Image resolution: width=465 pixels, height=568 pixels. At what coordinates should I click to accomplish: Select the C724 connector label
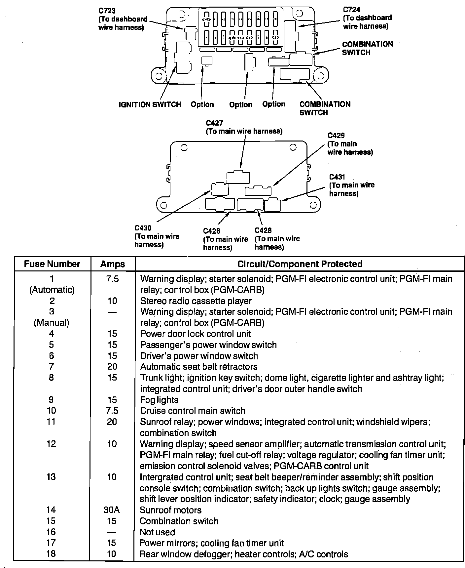[x=351, y=10]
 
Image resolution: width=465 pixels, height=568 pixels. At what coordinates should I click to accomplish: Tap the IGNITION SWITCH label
[x=150, y=105]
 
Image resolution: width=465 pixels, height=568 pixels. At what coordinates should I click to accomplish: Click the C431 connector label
[x=337, y=177]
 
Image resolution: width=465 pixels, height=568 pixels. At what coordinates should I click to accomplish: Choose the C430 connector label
[x=143, y=228]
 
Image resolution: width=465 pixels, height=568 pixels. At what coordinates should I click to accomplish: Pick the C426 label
[x=212, y=231]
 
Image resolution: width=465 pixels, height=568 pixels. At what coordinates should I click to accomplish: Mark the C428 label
[x=263, y=230]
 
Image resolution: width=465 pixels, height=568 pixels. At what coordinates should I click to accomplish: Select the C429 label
[x=336, y=136]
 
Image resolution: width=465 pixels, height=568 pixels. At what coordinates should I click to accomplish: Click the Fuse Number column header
[x=52, y=264]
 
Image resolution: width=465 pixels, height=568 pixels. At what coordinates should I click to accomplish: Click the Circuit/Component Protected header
[x=300, y=264]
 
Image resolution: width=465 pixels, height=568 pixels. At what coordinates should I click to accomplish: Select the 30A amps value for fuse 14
[x=112, y=510]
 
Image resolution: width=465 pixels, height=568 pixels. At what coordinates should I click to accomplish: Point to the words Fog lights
[x=159, y=400]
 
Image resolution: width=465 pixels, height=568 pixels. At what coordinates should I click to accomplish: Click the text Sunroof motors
[x=170, y=510]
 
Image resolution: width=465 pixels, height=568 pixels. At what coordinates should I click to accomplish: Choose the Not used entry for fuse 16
[x=157, y=532]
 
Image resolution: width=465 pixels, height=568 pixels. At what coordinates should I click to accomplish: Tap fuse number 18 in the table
[x=51, y=554]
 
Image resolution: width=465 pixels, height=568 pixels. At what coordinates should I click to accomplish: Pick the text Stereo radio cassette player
[x=196, y=301]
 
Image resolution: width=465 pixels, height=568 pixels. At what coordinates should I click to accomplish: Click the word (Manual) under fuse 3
[x=52, y=323]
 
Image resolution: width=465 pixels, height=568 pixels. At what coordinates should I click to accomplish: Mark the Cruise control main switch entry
[x=193, y=411]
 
